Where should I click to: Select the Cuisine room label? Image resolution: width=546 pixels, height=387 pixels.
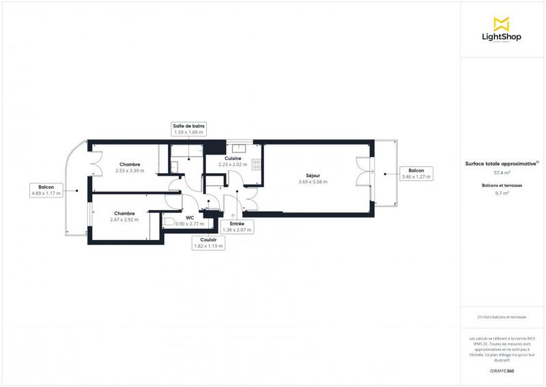(233, 158)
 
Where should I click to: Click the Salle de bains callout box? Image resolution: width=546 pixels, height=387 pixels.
(189, 129)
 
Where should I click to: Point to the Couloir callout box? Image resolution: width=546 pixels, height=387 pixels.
(209, 242)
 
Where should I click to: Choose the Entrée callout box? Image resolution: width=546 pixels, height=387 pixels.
(237, 227)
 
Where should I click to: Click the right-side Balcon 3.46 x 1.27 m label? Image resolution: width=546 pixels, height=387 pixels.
(416, 174)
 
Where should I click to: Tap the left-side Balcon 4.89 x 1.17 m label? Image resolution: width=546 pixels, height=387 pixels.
(46, 189)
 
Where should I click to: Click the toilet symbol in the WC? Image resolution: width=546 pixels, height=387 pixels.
(168, 222)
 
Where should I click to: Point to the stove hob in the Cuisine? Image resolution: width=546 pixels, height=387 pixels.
(256, 164)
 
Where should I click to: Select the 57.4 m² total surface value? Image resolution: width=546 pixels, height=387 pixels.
(502, 173)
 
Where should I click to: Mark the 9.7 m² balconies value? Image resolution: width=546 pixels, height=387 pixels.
(502, 193)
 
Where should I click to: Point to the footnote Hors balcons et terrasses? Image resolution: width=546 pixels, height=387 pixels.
(502, 317)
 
